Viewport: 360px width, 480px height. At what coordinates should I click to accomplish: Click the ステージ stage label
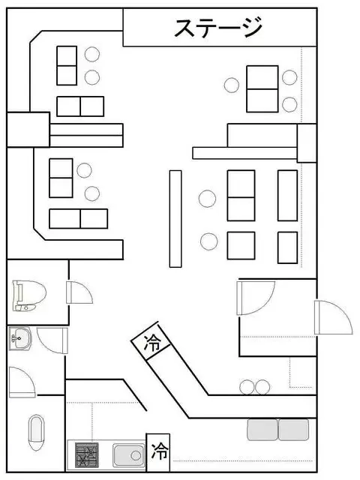(x=218, y=27)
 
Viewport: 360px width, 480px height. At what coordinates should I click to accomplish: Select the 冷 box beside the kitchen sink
(x=158, y=451)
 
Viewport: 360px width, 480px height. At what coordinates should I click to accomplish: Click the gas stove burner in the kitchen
(x=87, y=454)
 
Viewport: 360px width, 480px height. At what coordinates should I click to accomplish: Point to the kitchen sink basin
(x=128, y=455)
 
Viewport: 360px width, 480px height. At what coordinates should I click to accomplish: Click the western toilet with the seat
(x=29, y=295)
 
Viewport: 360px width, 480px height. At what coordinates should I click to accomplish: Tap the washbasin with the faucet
(x=20, y=338)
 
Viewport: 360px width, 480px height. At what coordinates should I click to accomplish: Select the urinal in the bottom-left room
(x=37, y=433)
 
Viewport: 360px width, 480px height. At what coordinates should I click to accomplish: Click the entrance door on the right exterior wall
(x=334, y=317)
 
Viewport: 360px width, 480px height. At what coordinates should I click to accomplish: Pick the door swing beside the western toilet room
(x=79, y=292)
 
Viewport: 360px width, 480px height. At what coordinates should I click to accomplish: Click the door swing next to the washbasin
(x=52, y=340)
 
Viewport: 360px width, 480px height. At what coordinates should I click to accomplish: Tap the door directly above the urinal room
(x=22, y=382)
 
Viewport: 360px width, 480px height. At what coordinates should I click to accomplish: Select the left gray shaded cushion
(x=262, y=430)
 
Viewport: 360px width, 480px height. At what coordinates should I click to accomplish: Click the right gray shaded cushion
(x=293, y=430)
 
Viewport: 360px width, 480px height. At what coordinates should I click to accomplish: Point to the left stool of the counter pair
(x=247, y=387)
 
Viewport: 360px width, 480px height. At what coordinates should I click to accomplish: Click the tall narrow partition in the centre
(x=175, y=219)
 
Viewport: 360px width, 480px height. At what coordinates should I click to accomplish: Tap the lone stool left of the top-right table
(x=232, y=85)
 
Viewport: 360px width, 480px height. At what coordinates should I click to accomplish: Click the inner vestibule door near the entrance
(x=256, y=298)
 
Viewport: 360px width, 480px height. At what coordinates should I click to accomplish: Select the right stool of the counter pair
(x=262, y=387)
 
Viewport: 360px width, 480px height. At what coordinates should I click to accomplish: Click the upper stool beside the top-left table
(x=92, y=54)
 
